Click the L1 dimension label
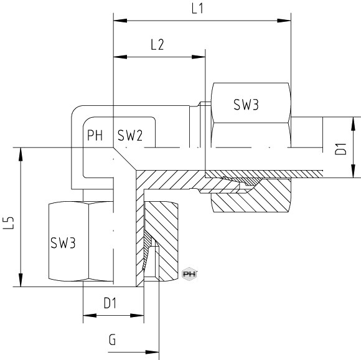(197, 9)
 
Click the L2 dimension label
(157, 45)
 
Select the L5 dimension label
(9, 223)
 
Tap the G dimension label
(113, 340)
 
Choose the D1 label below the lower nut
(110, 303)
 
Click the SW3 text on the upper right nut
(246, 105)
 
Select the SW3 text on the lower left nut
(63, 243)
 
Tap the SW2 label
(130, 135)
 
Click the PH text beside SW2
(95, 135)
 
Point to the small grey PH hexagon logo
(189, 274)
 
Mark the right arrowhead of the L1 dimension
(284, 21)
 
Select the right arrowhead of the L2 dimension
(199, 57)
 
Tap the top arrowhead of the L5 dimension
(21, 154)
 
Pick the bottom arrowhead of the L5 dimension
(21, 280)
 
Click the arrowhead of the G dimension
(152, 352)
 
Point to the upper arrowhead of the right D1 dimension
(354, 124)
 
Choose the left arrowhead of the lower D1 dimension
(90, 316)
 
